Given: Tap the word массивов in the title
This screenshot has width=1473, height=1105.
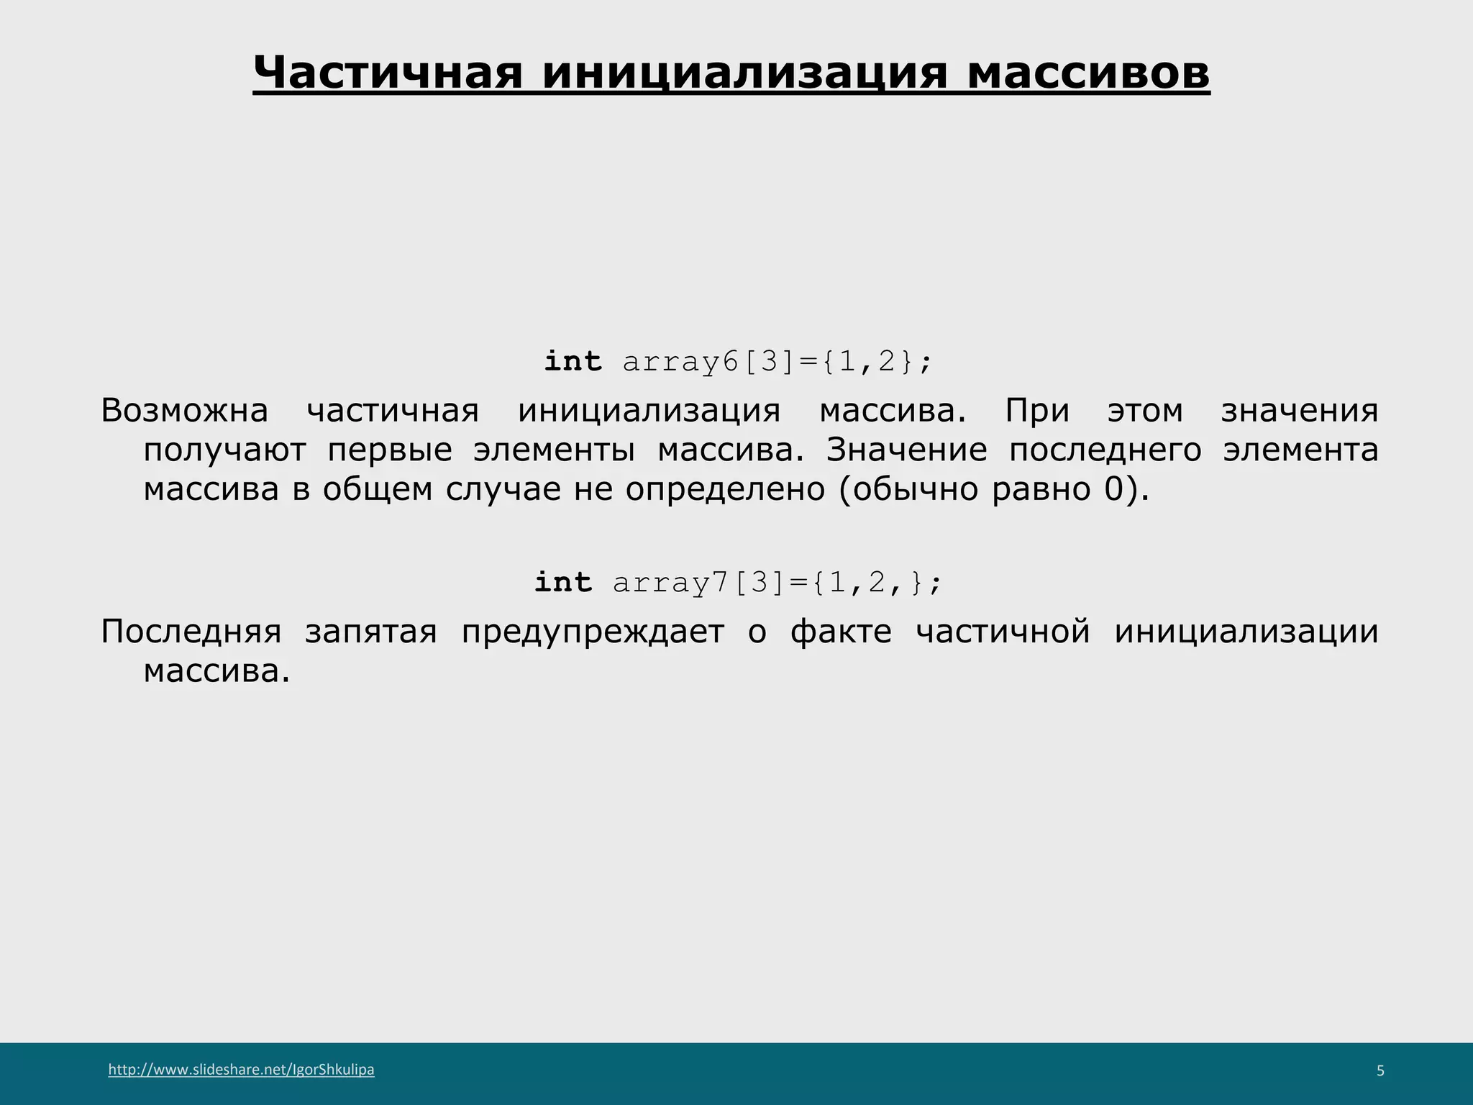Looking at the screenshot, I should (x=1088, y=73).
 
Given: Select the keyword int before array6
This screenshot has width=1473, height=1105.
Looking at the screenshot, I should (x=573, y=361).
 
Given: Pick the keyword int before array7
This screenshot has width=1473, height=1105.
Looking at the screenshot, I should (x=563, y=582).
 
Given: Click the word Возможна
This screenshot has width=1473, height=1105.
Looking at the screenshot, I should (x=184, y=411).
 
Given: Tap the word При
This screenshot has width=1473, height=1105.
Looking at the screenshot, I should (x=1036, y=411).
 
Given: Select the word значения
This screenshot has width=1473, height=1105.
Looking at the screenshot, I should (x=1299, y=411).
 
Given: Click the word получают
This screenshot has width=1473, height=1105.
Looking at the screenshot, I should (x=224, y=450).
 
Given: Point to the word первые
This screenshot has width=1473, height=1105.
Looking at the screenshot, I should (x=390, y=450).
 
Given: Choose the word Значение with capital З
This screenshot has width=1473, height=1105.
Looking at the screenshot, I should (x=906, y=450).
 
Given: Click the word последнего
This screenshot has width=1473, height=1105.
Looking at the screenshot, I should (x=1105, y=450).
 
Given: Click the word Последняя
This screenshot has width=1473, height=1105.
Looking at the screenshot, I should (x=191, y=632).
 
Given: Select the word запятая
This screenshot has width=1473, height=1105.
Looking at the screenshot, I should (x=370, y=632).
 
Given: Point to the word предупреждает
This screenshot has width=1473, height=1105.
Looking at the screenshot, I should (x=593, y=632).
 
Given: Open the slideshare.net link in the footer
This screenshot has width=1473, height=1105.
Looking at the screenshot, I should (x=241, y=1070).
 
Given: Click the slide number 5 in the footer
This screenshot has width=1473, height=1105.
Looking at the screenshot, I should (x=1379, y=1071).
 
